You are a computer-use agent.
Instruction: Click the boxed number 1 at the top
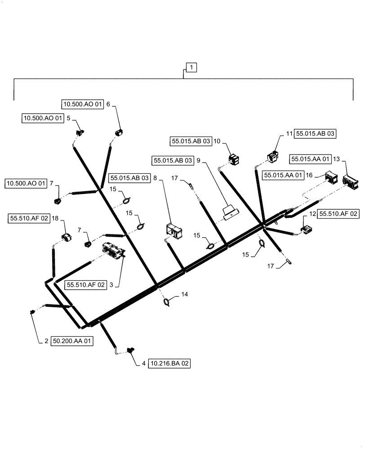click(191, 68)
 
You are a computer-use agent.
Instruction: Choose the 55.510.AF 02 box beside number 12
click(338, 215)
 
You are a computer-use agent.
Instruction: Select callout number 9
click(198, 160)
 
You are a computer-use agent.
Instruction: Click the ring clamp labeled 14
click(167, 302)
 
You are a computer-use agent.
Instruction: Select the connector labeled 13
click(351, 182)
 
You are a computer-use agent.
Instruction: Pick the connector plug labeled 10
click(233, 158)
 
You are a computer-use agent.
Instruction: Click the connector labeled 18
click(67, 238)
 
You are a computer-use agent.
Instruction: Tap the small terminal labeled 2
click(32, 312)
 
